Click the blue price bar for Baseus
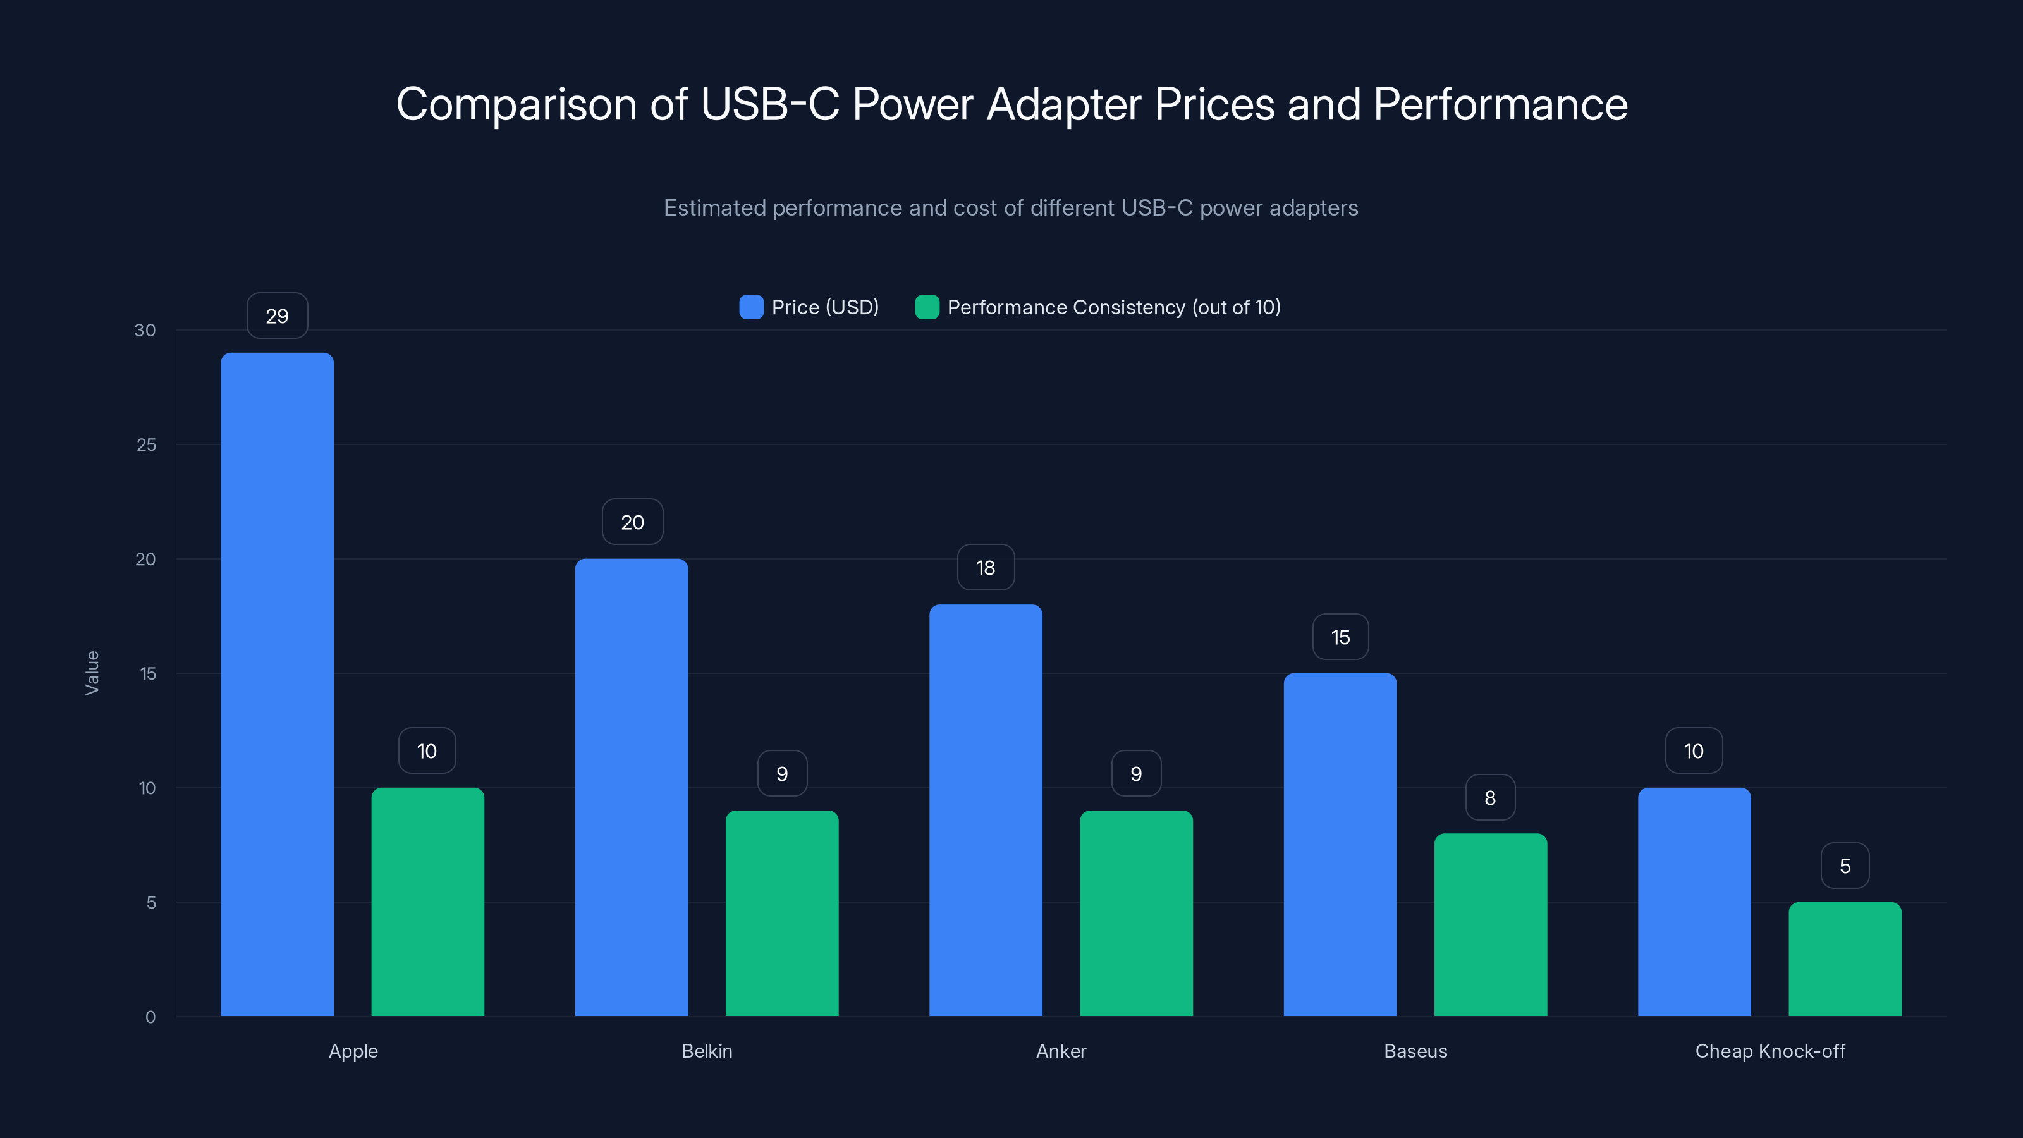coord(1340,844)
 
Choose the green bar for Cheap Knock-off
coord(1845,959)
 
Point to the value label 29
coord(276,315)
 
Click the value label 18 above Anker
coord(986,568)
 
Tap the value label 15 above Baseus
coord(1340,637)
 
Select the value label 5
coord(1845,866)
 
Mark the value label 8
coord(1490,798)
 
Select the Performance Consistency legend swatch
coord(927,307)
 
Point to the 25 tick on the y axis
coord(146,444)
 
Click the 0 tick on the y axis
coord(150,1017)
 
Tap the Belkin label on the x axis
coord(707,1051)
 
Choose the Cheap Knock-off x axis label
coord(1769,1051)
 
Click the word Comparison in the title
coord(516,104)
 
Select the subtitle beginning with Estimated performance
coord(1011,208)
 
